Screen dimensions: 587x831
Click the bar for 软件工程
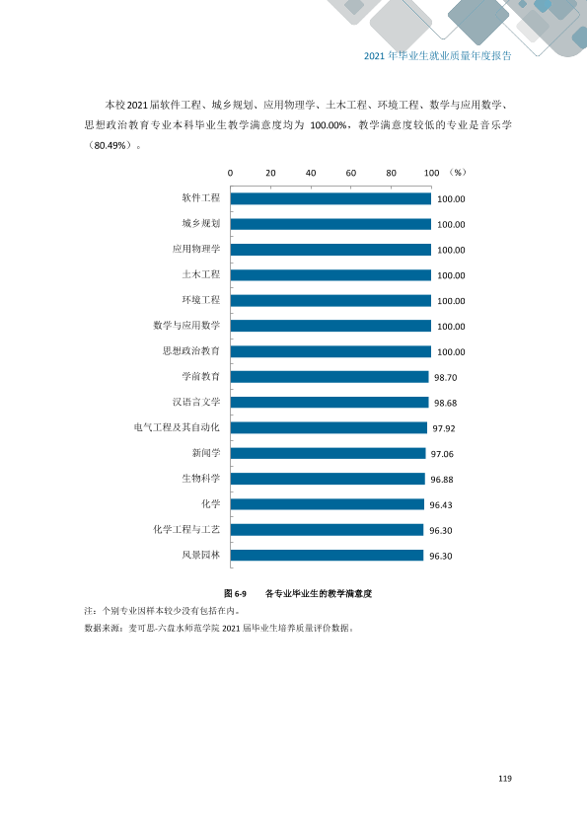[x=330, y=198]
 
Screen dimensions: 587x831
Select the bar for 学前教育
[x=330, y=377]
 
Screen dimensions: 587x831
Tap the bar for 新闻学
[x=328, y=453]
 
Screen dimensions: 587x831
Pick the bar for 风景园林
[x=327, y=555]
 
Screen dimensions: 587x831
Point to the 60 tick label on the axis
[x=350, y=173]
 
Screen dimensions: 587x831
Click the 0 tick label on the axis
[x=231, y=173]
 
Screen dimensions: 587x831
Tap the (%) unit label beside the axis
[x=457, y=173]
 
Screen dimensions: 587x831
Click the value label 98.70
[x=446, y=377]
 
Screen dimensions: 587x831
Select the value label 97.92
[x=444, y=428]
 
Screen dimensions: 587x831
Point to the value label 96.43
[x=441, y=505]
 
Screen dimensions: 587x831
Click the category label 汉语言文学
[x=196, y=402]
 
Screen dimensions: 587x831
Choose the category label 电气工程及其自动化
[x=177, y=427]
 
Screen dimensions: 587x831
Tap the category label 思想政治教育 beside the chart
[x=191, y=350]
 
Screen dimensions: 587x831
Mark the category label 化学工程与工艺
[x=186, y=529]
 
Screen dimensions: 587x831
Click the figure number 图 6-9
[x=235, y=593]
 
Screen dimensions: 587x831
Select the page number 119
[x=505, y=779]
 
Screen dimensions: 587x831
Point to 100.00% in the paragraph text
[x=329, y=125]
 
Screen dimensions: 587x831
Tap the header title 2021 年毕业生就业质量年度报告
[x=438, y=55]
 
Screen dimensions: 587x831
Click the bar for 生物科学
[x=328, y=479]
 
